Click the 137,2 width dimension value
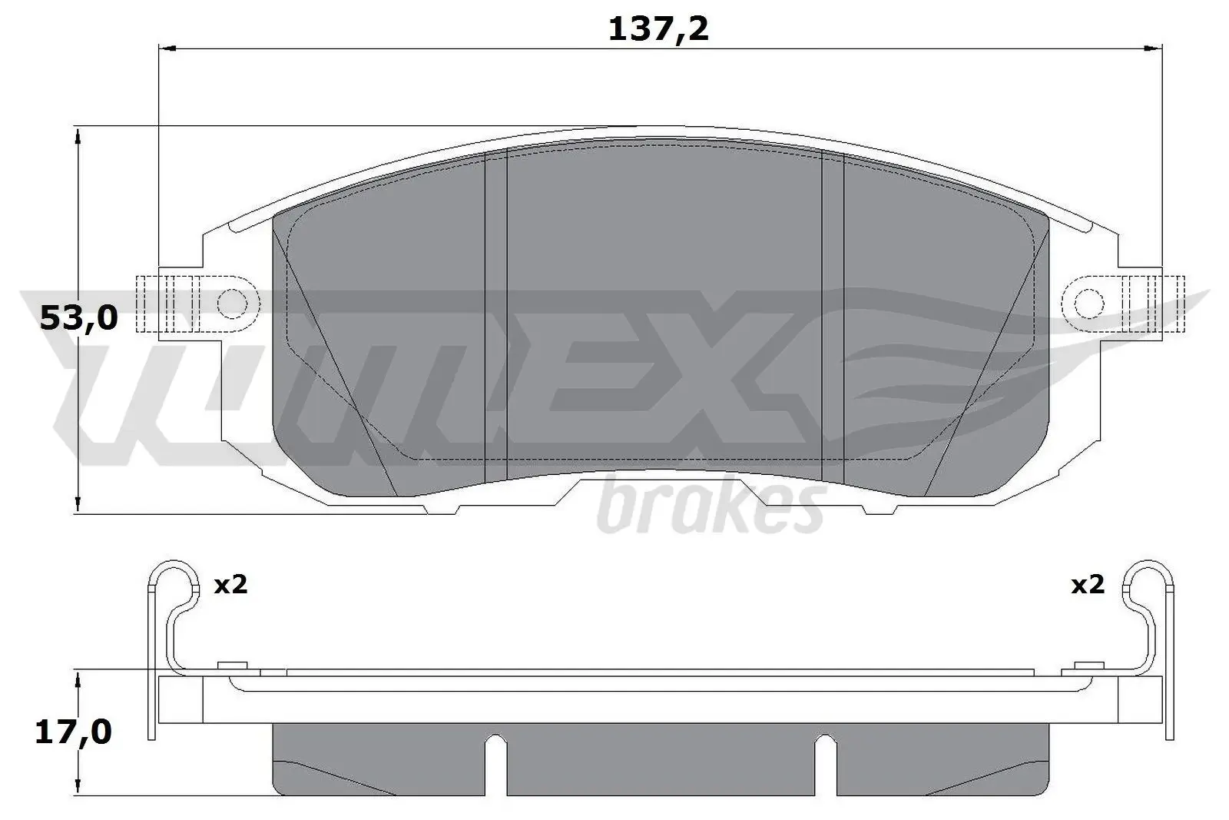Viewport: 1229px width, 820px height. pos(658,29)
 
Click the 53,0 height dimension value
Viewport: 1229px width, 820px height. pos(78,317)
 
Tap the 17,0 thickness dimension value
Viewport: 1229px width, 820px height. pos(73,732)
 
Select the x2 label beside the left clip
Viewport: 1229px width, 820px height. pos(230,585)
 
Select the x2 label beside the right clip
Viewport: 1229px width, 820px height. pos(1088,585)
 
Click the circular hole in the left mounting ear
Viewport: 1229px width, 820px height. pos(233,304)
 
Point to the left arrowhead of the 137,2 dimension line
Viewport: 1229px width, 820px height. pos(167,48)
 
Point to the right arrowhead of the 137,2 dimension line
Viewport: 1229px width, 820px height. pos(1152,48)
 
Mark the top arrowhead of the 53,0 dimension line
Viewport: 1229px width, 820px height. pos(77,136)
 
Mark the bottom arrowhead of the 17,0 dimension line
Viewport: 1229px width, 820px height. pos(77,787)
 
